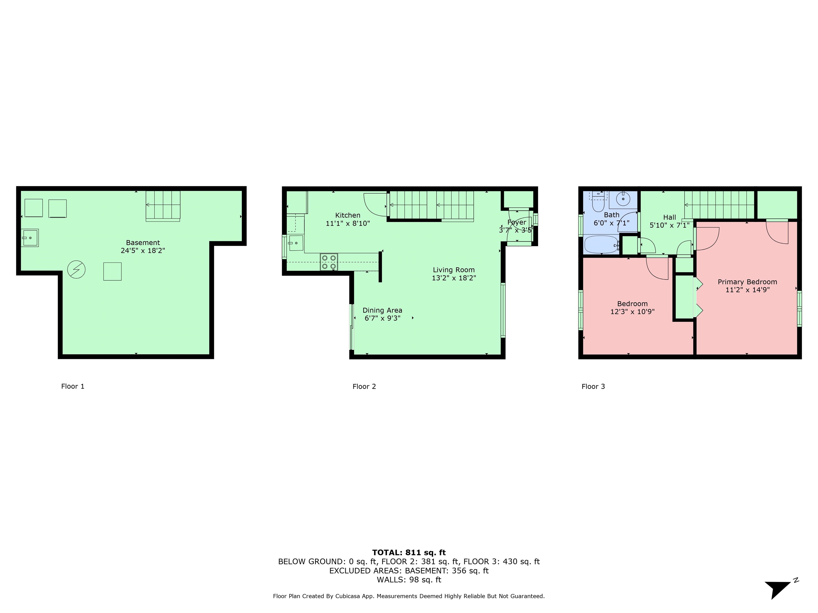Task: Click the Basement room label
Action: (x=143, y=243)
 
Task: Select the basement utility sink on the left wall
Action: (x=30, y=238)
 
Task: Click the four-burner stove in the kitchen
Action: (x=329, y=262)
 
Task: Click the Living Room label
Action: (x=454, y=270)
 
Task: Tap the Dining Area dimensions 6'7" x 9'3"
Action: (x=382, y=318)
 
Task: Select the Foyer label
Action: (x=517, y=222)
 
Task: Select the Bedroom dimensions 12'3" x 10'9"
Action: (x=632, y=312)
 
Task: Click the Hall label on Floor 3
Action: (x=669, y=218)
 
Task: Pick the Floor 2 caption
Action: (x=364, y=387)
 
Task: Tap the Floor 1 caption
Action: (x=73, y=386)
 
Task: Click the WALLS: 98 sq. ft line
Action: (x=409, y=580)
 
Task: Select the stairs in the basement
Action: (x=163, y=205)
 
